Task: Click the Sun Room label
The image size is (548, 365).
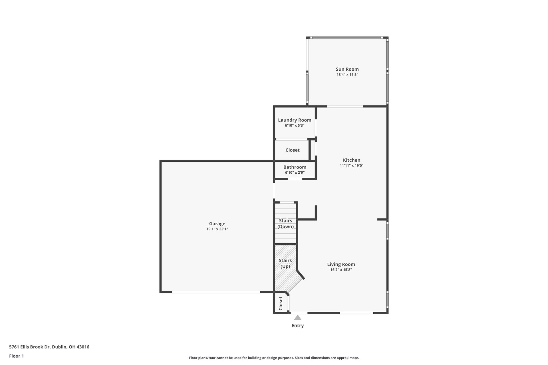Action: pos(347,69)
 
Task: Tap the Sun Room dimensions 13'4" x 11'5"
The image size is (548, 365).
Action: pos(347,75)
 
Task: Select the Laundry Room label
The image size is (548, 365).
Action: pos(295,120)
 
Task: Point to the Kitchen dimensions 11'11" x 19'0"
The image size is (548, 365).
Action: pos(351,166)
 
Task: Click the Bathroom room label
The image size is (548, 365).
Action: pos(295,167)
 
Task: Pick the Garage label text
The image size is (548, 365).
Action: pos(217,224)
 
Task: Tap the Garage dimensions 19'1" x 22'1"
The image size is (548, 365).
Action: pos(217,229)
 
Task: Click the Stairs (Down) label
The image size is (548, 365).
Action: pos(285,224)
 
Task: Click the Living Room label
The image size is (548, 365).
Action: pos(341,264)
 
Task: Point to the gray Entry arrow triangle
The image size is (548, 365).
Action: pos(297,318)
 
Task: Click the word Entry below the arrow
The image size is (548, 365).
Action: pos(297,326)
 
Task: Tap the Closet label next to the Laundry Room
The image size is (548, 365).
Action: pos(292,150)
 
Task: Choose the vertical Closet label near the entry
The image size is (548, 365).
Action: pos(281,303)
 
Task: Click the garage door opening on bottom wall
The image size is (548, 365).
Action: pos(216,292)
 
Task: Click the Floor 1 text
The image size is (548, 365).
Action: pos(16,356)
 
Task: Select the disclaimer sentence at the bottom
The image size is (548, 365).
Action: pos(274,358)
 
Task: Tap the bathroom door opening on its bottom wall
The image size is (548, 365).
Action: pos(295,179)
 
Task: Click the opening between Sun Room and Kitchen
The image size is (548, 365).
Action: pos(345,106)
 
